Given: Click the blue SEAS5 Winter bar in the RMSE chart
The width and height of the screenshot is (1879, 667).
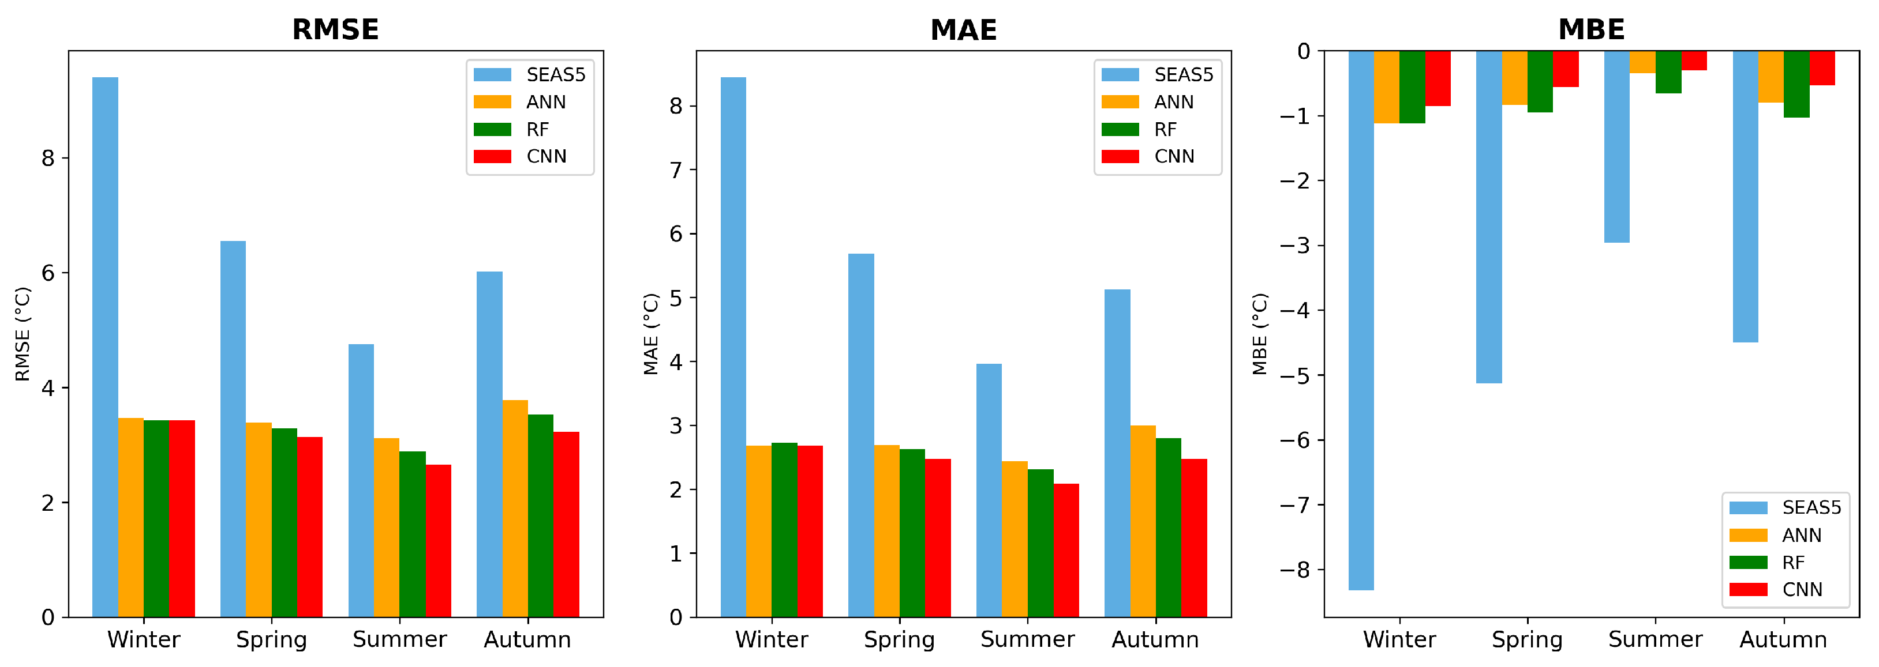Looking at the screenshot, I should [x=105, y=347].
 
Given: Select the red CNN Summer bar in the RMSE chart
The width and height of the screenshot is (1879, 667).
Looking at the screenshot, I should [x=439, y=541].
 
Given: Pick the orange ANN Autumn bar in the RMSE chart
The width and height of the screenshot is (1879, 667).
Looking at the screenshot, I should [x=515, y=509].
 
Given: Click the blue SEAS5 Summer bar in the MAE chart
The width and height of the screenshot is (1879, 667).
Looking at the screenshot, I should [x=989, y=491].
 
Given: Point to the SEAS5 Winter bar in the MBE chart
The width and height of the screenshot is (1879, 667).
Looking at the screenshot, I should [x=1361, y=321].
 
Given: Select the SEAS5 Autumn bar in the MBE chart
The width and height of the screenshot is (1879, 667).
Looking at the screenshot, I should [x=1746, y=197].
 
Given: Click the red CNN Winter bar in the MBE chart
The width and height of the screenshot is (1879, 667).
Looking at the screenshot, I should [x=1438, y=79].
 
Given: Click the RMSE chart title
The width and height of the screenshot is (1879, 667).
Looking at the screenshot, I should [x=335, y=30].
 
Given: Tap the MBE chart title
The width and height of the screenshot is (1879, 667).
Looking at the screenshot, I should [x=1591, y=30].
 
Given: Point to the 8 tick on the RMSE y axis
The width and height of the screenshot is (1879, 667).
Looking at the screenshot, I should [x=48, y=158].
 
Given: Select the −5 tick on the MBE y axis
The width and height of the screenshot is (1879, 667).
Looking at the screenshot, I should [x=1295, y=375].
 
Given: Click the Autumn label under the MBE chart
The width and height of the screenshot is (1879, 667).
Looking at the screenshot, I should [x=1783, y=639].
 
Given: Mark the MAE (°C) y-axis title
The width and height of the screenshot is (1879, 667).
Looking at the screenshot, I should [x=650, y=334].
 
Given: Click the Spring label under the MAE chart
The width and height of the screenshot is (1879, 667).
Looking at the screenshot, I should [x=899, y=639].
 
